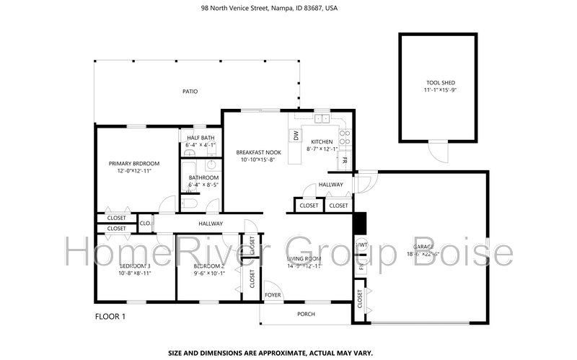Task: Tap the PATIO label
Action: click(x=190, y=92)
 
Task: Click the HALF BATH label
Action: click(x=201, y=138)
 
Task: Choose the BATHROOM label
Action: click(x=203, y=177)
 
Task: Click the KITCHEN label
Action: click(x=321, y=141)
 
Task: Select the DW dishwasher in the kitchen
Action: click(x=296, y=135)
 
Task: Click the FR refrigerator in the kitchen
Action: click(x=345, y=160)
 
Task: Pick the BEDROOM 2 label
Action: click(x=209, y=266)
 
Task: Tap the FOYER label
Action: click(x=273, y=295)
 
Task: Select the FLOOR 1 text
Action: click(x=110, y=317)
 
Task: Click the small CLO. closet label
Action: click(x=145, y=224)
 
